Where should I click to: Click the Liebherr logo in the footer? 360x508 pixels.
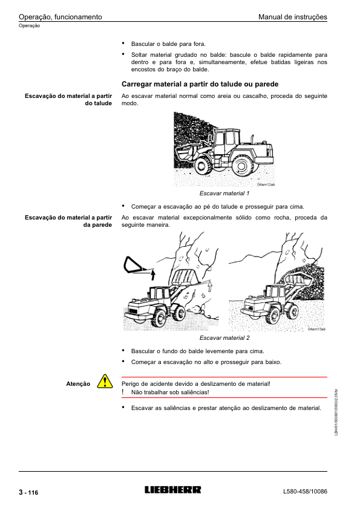click(172, 489)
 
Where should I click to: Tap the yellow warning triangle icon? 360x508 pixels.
click(105, 381)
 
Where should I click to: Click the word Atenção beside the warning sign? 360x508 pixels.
click(78, 384)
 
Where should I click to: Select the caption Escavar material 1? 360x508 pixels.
click(224, 194)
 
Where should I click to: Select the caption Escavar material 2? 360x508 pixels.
click(224, 338)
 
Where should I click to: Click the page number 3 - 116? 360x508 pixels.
click(28, 492)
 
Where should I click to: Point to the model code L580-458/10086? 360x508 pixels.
click(305, 492)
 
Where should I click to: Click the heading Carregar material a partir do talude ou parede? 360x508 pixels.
click(200, 84)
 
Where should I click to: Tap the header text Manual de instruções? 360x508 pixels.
click(293, 17)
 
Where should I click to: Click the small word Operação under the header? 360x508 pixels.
click(29, 25)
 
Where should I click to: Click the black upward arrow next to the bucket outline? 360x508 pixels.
click(153, 275)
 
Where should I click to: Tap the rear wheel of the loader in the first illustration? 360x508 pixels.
click(243, 165)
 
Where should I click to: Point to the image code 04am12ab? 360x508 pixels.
click(266, 184)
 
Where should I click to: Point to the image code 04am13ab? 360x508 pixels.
click(316, 329)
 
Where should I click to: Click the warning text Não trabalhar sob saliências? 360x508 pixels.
click(170, 392)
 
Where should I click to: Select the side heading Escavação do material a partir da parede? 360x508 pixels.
click(68, 221)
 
